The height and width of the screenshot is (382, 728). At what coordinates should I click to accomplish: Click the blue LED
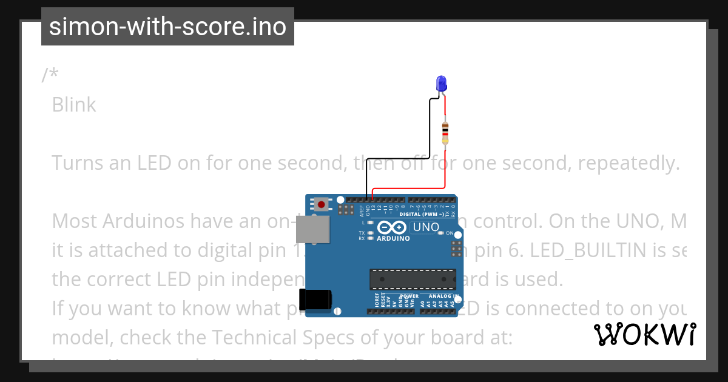point(441,84)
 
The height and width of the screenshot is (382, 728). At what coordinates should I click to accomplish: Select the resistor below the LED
point(445,132)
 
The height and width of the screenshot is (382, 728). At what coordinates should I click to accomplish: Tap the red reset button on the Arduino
point(321,204)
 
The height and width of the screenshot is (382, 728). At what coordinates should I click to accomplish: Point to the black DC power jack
point(317,300)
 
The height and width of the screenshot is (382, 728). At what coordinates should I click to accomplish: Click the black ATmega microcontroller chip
point(413,279)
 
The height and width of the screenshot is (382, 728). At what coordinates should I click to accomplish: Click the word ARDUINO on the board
point(393,238)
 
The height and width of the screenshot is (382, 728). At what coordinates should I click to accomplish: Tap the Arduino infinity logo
point(392,228)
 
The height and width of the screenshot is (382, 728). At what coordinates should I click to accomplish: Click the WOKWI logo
point(645,335)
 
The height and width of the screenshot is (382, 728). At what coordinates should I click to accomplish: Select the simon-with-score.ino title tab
point(167,27)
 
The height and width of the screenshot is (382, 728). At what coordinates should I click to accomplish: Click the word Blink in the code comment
point(73,105)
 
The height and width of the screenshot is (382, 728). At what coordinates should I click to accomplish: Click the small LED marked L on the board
point(370,223)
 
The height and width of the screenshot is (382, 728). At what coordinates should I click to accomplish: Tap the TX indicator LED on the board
point(370,233)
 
